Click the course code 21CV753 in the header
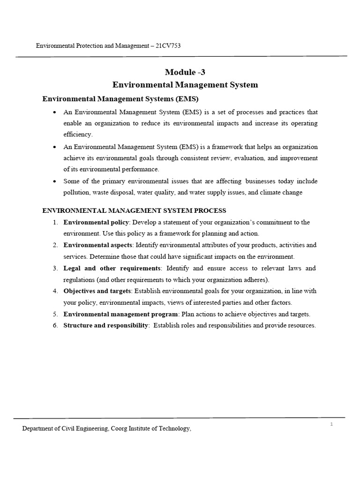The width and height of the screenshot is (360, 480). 167,46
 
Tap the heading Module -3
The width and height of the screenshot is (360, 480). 185,72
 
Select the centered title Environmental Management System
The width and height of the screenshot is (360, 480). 185,85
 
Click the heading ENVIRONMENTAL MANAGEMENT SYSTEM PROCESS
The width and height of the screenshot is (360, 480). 135,210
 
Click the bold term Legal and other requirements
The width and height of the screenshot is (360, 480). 112,268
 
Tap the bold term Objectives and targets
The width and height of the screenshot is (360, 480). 97,291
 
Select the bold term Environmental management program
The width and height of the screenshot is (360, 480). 120,314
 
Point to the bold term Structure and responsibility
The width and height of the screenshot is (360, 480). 106,325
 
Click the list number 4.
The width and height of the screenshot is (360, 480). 55,291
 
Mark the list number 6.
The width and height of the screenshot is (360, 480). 55,325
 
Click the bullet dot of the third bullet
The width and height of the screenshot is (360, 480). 55,181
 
